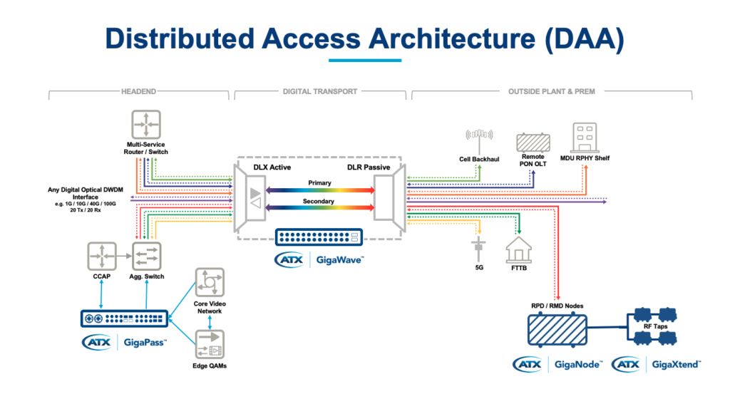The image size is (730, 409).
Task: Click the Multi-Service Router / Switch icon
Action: point(145,125)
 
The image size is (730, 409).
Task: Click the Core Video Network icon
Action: point(210,282)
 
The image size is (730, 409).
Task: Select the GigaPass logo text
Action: point(144,343)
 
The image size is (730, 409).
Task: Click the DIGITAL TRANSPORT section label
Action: point(320,92)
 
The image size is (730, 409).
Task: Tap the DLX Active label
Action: point(273,167)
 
